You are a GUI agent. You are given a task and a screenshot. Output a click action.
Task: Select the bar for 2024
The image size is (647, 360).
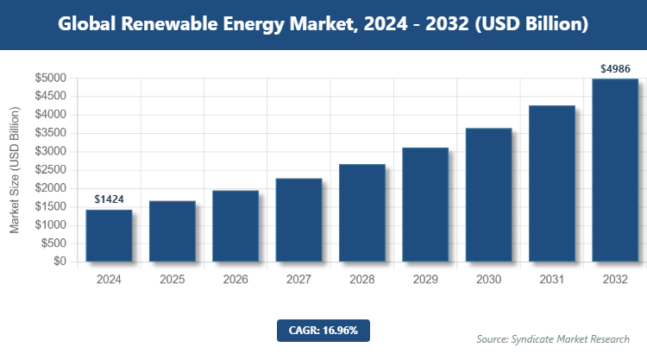109,235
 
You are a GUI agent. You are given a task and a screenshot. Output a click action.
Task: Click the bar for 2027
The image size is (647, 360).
298,219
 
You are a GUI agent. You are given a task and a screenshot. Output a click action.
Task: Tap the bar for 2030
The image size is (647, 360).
488,194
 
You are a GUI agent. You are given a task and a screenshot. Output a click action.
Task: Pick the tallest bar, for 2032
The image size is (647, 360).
615,170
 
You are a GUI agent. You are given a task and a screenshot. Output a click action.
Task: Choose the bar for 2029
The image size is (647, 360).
425,205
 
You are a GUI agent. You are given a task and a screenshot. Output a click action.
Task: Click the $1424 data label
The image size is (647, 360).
109,199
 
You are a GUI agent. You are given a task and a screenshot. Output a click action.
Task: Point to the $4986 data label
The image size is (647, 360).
615,68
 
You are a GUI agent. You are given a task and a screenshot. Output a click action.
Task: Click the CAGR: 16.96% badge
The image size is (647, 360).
323,330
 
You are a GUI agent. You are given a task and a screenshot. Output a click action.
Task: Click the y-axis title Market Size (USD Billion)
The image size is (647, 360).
15,170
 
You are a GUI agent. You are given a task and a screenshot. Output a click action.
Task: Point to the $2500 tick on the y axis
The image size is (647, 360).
51,170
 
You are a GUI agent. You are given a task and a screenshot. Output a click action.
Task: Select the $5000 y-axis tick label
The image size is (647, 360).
51,79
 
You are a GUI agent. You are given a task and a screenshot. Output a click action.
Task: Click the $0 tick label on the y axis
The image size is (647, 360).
60,262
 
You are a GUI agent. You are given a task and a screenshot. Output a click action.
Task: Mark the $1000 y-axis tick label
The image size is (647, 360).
51,224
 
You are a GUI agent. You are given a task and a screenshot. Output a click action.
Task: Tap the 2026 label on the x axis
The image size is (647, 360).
236,280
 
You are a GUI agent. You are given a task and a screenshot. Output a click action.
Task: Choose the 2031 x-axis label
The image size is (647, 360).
552,280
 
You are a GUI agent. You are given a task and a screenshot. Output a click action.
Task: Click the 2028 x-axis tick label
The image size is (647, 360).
362,280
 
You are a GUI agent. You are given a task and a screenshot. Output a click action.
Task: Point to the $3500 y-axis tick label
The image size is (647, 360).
51,133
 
